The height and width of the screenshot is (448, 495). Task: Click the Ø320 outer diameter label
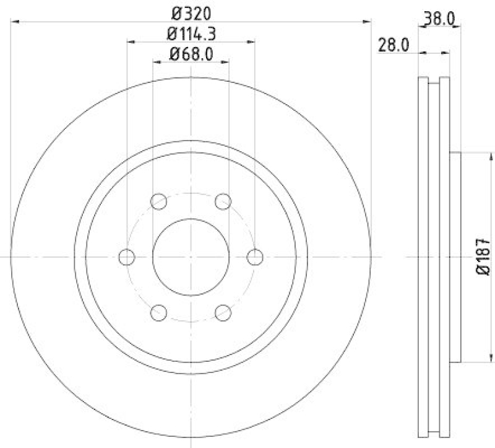[x=191, y=12]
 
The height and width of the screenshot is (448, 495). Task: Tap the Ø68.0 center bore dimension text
[x=191, y=54]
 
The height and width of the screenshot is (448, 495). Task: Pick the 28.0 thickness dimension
[x=391, y=44]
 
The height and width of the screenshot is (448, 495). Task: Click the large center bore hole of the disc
[x=191, y=256]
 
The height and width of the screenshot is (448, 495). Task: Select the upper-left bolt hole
[x=158, y=201]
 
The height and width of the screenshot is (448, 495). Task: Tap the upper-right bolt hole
[x=223, y=201]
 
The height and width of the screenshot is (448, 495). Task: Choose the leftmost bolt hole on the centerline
[x=126, y=256]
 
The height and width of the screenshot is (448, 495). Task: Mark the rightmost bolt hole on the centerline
[x=255, y=256]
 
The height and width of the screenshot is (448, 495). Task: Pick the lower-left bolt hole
[x=158, y=312]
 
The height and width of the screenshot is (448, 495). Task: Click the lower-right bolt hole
[x=223, y=312]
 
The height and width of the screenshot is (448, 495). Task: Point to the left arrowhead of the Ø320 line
[x=15, y=22]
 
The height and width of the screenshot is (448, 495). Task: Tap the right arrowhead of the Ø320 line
[x=368, y=22]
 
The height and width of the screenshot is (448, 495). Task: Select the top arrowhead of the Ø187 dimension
[x=476, y=154]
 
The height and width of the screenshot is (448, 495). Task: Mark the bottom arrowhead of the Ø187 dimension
[x=476, y=360]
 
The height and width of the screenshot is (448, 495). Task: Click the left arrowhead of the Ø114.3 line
[x=130, y=42]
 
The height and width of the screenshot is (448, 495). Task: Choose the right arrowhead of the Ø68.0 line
[x=226, y=63]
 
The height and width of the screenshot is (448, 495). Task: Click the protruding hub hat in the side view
[x=455, y=257]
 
